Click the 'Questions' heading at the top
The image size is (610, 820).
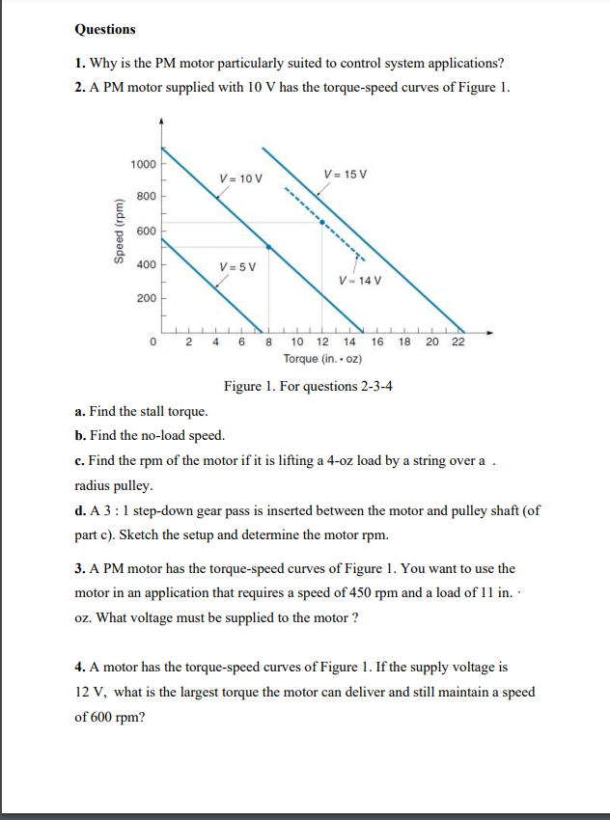105,30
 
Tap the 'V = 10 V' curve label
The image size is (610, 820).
240,178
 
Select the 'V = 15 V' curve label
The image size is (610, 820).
346,174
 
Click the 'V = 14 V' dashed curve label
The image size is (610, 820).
361,281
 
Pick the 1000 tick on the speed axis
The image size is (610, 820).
143,163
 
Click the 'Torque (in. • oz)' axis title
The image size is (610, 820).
323,358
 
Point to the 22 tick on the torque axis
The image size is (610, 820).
457,342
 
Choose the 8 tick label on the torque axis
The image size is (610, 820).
268,342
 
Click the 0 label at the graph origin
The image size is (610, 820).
153,342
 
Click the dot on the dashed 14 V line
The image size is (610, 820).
321,222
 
